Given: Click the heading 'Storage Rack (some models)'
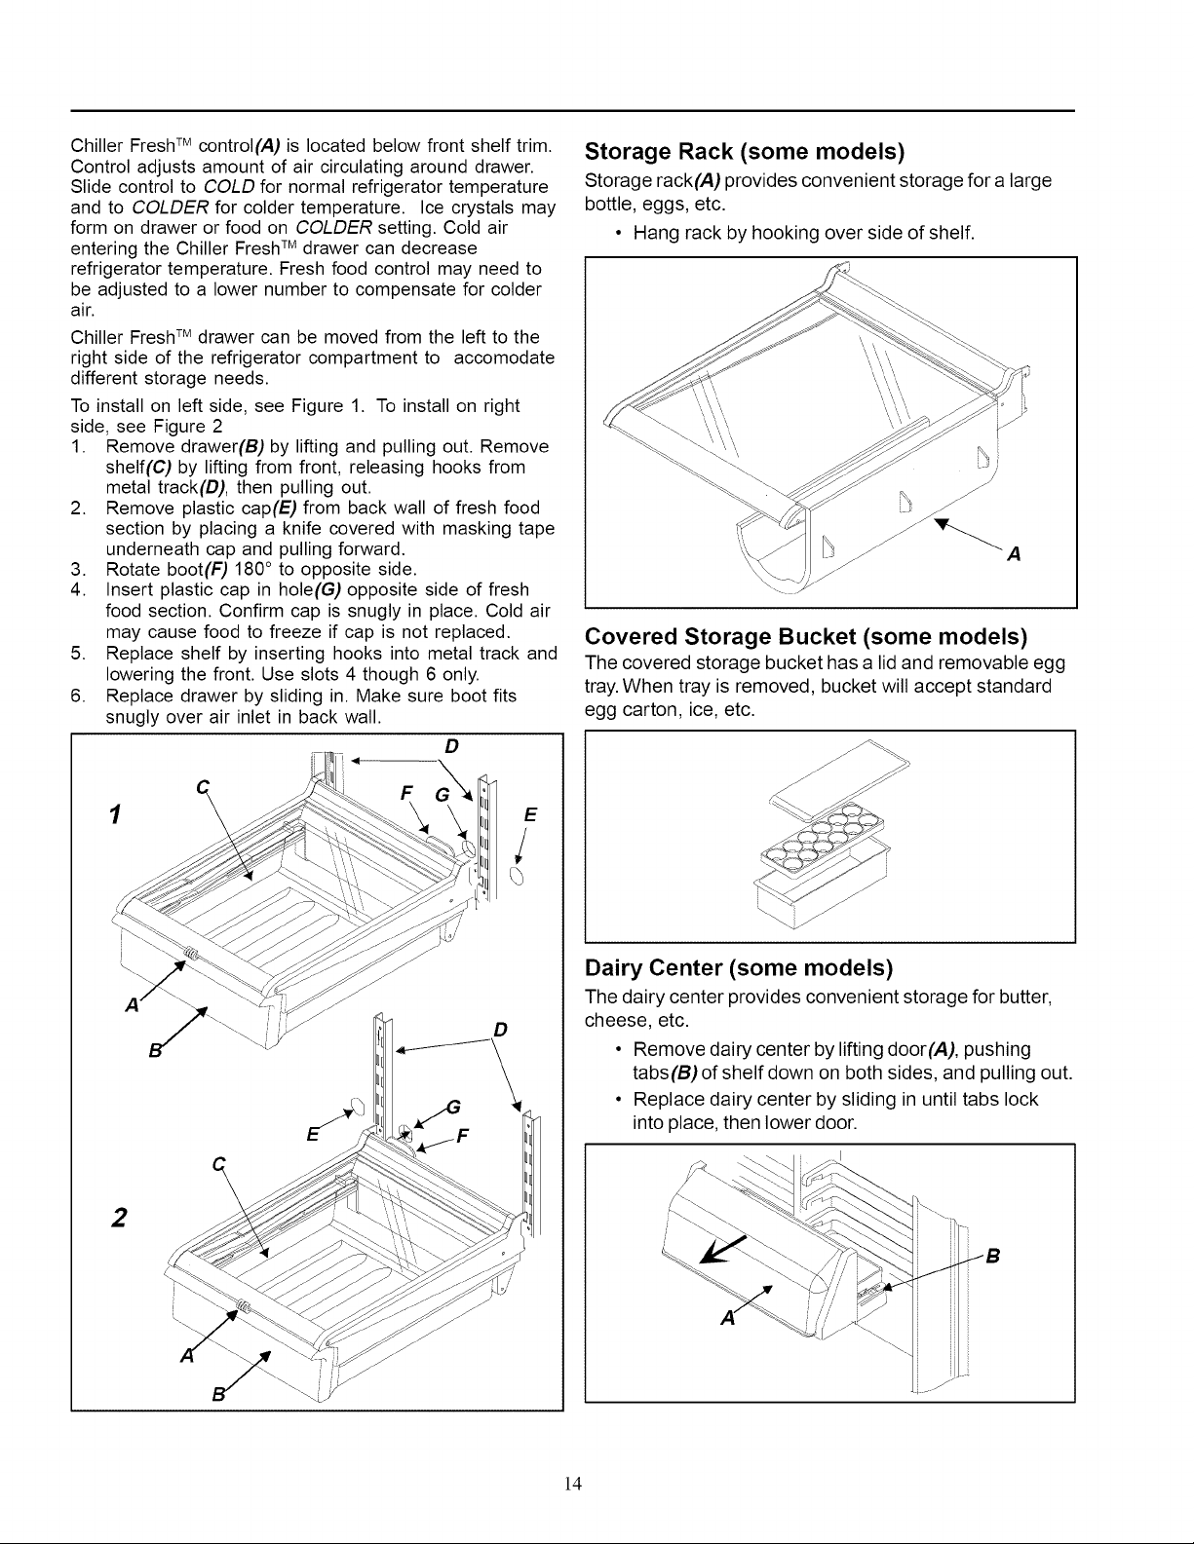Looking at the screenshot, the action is pyautogui.click(x=744, y=151).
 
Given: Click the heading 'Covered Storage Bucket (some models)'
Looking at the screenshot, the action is pyautogui.click(x=806, y=636).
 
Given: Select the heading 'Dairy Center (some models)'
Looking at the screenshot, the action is pyautogui.click(x=739, y=967).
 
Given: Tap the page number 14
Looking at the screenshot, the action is pyautogui.click(x=573, y=1484).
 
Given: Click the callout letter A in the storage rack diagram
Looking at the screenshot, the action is pyautogui.click(x=1015, y=554).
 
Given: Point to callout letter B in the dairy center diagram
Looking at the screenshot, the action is pyautogui.click(x=993, y=1257).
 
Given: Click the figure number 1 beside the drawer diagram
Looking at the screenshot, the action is pyautogui.click(x=114, y=814).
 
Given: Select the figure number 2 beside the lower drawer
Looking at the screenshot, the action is pyautogui.click(x=119, y=1218).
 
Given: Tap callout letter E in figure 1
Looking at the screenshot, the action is pyautogui.click(x=530, y=815).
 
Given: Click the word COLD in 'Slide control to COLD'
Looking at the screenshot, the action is pyautogui.click(x=229, y=187).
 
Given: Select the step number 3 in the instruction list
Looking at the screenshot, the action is pyautogui.click(x=77, y=569).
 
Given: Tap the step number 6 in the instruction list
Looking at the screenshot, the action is pyautogui.click(x=77, y=696).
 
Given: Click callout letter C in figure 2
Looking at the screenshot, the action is pyautogui.click(x=219, y=1164).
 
